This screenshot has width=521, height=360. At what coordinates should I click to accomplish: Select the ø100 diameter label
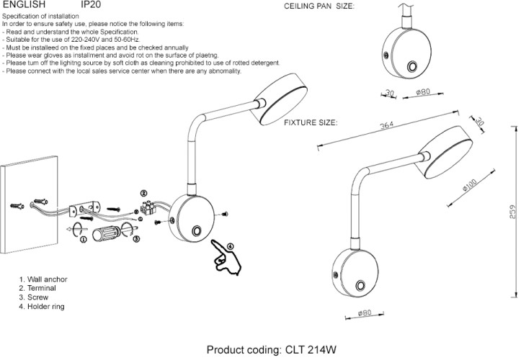pyautogui.click(x=470, y=187)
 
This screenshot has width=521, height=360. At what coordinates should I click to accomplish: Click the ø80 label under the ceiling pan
pyautogui.click(x=423, y=92)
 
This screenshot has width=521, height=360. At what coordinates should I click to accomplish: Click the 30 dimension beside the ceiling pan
pyautogui.click(x=389, y=92)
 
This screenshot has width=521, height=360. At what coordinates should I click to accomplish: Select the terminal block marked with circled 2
pyautogui.click(x=152, y=208)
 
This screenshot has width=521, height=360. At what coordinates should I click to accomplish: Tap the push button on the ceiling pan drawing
pyautogui.click(x=414, y=67)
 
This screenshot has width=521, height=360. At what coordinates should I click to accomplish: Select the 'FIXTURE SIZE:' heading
pyautogui.click(x=311, y=123)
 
